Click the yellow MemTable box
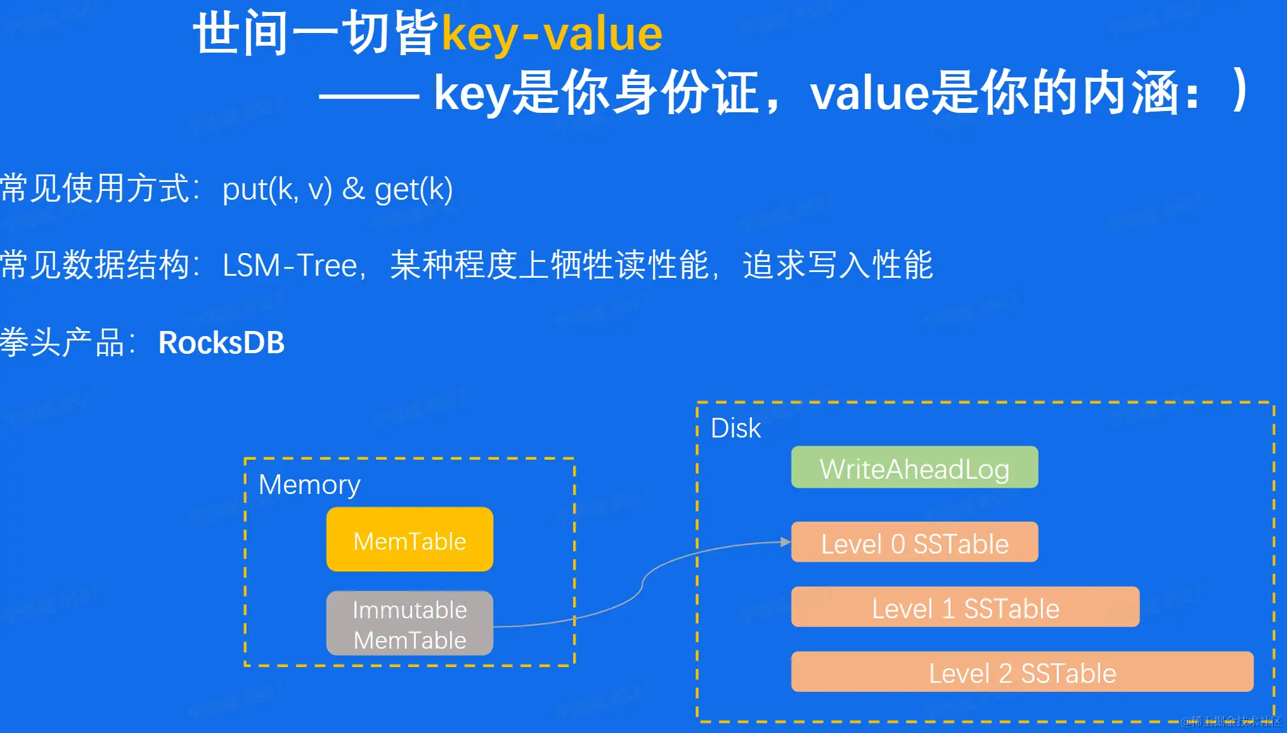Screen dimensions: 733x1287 [410, 540]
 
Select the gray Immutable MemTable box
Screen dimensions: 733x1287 [410, 624]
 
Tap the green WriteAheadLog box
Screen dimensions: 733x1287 [914, 468]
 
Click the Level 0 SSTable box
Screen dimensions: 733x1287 [914, 543]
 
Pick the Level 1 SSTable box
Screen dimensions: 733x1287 [965, 607]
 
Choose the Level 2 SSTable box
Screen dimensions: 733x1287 [1022, 672]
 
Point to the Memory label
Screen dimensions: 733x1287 [309, 485]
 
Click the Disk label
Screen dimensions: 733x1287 [735, 429]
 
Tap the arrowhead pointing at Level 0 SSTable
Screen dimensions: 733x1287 [786, 542]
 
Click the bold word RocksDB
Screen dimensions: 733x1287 [221, 343]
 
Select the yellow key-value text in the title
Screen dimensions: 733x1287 [552, 34]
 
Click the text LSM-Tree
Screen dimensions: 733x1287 [290, 265]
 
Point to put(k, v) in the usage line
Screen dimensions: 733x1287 [277, 190]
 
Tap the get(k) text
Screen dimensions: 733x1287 [413, 190]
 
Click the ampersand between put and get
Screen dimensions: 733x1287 [353, 189]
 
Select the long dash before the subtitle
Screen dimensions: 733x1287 [369, 96]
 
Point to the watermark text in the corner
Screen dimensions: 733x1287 [1231, 721]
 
